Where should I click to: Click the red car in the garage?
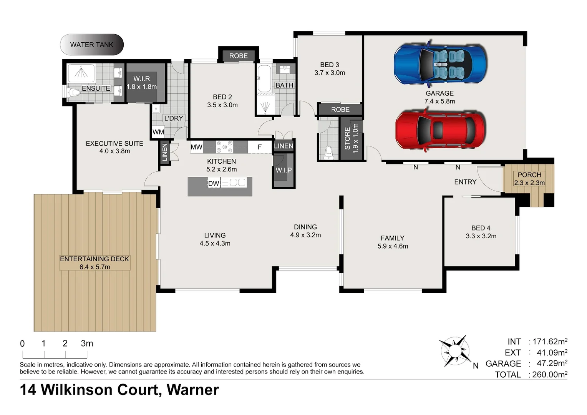[440, 129]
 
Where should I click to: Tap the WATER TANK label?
[91, 45]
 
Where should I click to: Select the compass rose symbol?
[455, 351]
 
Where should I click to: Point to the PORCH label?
[529, 175]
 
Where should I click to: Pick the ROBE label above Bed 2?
[238, 56]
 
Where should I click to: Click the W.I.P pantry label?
[284, 170]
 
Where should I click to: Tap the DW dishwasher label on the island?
[214, 183]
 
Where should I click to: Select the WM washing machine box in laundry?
[158, 132]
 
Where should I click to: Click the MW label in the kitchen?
[196, 147]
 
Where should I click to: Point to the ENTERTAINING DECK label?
[95, 259]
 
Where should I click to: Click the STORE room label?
[347, 139]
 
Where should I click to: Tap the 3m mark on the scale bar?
[87, 343]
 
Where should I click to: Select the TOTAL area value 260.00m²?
[549, 374]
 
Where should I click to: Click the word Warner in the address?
[192, 390]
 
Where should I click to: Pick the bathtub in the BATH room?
[264, 79]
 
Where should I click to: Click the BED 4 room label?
[481, 228]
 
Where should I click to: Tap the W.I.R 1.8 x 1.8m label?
[141, 83]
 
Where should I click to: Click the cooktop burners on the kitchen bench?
[224, 147]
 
